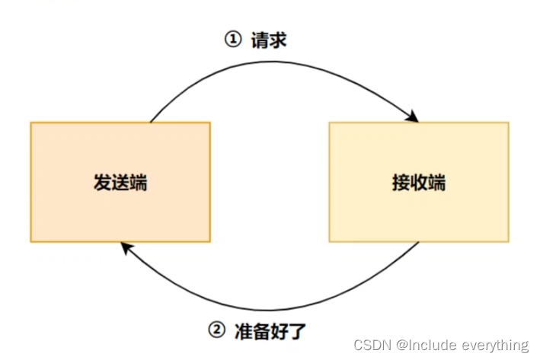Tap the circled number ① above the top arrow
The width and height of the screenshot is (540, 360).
[x=232, y=40]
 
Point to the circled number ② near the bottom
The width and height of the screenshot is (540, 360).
[x=217, y=330]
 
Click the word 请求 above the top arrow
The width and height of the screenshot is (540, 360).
[x=268, y=40]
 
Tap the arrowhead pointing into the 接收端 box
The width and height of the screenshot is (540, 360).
[x=414, y=117]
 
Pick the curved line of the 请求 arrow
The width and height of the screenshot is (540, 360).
[x=282, y=63]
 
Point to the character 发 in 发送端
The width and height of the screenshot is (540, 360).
[x=102, y=183]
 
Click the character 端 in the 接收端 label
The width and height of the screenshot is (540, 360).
[x=436, y=183]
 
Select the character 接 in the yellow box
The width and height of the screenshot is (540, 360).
[x=400, y=183]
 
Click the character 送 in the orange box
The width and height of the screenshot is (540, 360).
[x=120, y=183]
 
